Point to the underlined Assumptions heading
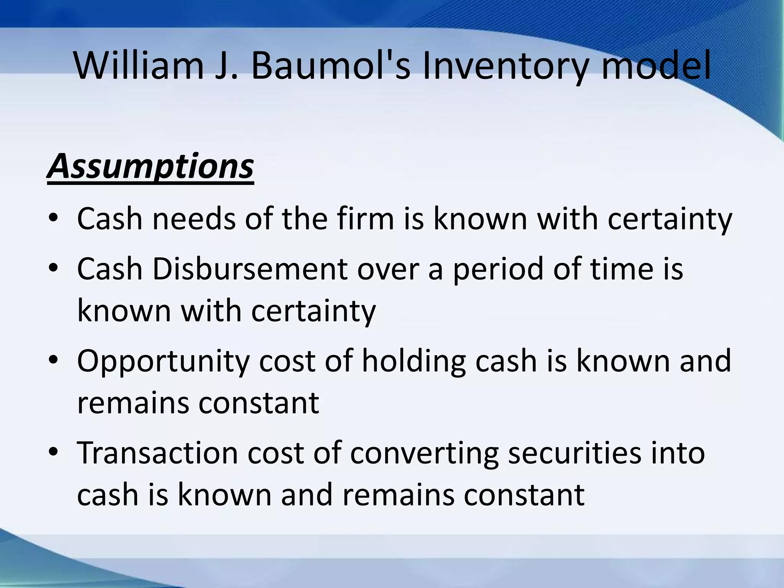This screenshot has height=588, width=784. (x=150, y=167)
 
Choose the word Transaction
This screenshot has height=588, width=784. (x=157, y=452)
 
